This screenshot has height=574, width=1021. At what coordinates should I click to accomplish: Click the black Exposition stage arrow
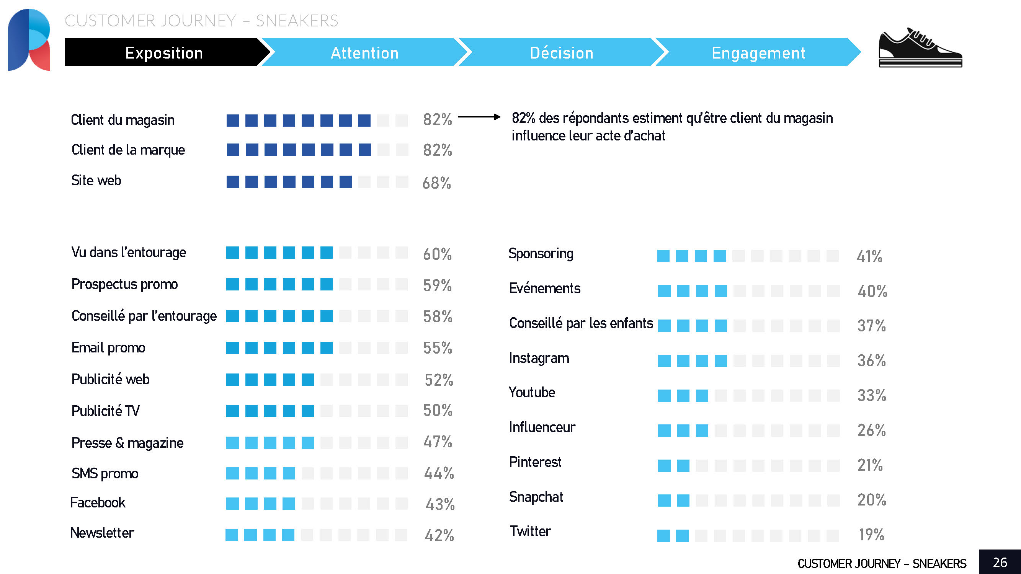(x=164, y=53)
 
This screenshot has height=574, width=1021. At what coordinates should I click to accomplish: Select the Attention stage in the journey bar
(x=364, y=53)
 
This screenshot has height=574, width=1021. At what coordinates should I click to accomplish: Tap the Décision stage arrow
(x=561, y=53)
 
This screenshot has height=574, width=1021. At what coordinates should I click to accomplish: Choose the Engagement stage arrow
(x=758, y=53)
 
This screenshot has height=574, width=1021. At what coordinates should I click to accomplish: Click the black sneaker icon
(x=920, y=48)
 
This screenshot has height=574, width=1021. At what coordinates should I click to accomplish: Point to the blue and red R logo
(x=29, y=40)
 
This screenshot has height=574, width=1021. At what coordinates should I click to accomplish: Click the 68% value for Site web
(x=436, y=183)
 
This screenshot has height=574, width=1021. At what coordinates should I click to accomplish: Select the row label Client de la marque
(x=128, y=150)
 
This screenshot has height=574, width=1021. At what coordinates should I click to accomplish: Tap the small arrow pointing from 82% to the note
(x=479, y=117)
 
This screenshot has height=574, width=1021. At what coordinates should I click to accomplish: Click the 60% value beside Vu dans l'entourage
(x=437, y=254)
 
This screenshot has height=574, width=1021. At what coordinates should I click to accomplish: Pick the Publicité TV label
(x=105, y=411)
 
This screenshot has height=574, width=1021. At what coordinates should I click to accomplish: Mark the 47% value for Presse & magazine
(x=437, y=442)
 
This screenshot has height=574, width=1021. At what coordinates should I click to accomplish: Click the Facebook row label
(x=98, y=502)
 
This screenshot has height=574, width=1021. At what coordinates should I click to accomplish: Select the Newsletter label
(x=102, y=533)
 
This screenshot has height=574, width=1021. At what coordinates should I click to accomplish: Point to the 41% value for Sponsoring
(x=869, y=256)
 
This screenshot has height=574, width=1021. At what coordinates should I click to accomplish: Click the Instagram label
(x=539, y=358)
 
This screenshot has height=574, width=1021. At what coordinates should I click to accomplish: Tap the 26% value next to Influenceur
(x=871, y=430)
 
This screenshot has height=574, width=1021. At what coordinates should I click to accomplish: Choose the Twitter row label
(x=530, y=531)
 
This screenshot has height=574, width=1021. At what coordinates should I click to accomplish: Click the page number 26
(x=1000, y=562)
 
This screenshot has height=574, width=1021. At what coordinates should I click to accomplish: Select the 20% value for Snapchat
(x=871, y=499)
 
